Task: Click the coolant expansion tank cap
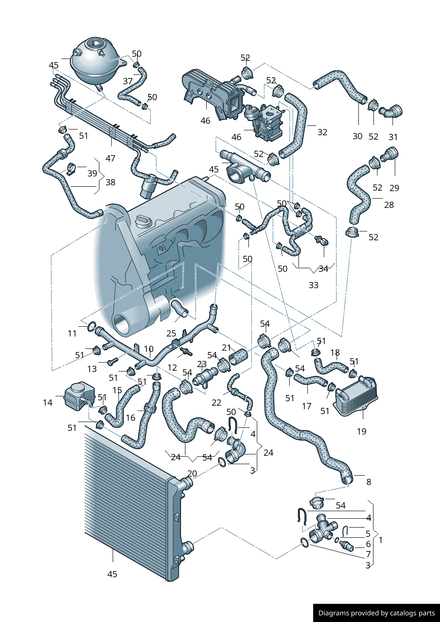point(95,44)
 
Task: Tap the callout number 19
point(361,431)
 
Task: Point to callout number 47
point(110,158)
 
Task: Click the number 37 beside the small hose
point(128,81)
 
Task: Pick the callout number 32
point(322,132)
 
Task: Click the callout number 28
point(389,205)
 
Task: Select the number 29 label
point(394,188)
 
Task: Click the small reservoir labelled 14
point(79,394)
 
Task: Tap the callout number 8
point(369,482)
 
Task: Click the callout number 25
point(171,333)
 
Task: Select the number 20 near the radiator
point(192,473)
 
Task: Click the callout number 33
point(314,285)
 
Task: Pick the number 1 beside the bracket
point(381,540)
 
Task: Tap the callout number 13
point(92,369)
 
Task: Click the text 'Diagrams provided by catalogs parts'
point(377,613)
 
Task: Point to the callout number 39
point(92,173)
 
